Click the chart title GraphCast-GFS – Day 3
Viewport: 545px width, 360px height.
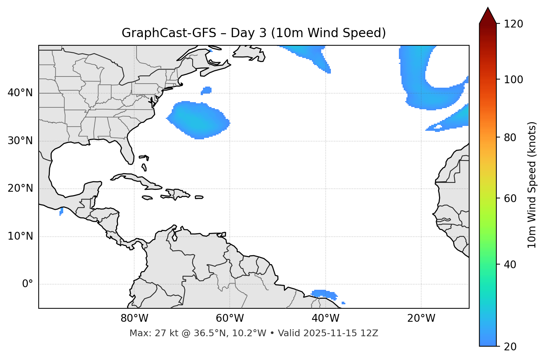(254, 33)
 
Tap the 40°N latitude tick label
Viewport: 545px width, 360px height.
(20, 93)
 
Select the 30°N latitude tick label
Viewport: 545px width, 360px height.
(20, 141)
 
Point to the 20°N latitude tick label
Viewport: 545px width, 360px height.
(20, 188)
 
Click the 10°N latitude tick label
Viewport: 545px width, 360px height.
(20, 236)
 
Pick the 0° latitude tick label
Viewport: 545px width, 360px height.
(28, 284)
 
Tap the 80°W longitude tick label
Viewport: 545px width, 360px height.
(134, 318)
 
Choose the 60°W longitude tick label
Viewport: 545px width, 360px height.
(230, 318)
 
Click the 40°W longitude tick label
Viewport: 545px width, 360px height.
(325, 318)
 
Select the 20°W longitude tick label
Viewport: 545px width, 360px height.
(421, 318)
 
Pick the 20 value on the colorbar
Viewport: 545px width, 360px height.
(510, 347)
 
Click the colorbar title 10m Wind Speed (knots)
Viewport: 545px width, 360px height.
(532, 185)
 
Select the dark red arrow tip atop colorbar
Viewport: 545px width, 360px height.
(488, 15)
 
